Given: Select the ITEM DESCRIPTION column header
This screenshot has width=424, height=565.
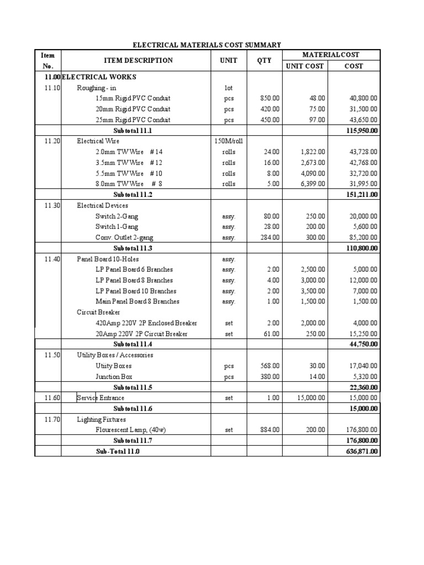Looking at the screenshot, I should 138,61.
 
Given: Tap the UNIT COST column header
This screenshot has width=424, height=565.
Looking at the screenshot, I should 304,66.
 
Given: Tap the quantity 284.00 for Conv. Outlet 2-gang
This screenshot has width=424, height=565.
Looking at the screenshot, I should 270,238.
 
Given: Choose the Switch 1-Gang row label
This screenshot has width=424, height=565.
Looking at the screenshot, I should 116,227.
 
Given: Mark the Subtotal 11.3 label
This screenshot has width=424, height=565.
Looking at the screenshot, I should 132,248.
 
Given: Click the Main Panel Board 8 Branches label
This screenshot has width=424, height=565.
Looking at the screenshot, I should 137,302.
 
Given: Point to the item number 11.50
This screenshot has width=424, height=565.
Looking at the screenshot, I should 48,355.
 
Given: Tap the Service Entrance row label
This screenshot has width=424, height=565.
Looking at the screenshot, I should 100,398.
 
